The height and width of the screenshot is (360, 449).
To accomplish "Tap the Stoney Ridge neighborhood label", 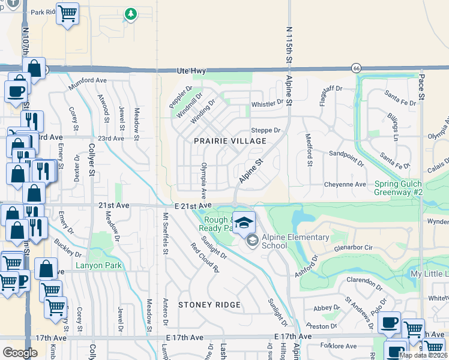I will coord(209,305).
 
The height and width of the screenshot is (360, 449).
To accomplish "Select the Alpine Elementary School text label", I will coord(295,241).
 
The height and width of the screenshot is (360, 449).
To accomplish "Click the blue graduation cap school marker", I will coord(243,223).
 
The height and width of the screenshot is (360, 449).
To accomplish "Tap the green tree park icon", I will coord(130,14).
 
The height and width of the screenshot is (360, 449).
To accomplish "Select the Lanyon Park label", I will coord(98,266).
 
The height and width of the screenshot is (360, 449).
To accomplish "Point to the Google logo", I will coord(20,353).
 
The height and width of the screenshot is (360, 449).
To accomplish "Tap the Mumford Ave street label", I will coord(87,80).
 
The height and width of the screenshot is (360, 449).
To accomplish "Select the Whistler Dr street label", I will coord(267,103).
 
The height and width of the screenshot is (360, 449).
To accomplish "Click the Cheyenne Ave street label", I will coord(345,184).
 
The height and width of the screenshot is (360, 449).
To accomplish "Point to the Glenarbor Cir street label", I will coord(354,247).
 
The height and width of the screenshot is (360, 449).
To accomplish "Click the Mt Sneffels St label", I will coord(166,233).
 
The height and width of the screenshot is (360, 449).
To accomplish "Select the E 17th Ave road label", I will coord(294,337).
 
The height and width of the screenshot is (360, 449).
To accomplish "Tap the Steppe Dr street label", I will coord(265,130).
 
